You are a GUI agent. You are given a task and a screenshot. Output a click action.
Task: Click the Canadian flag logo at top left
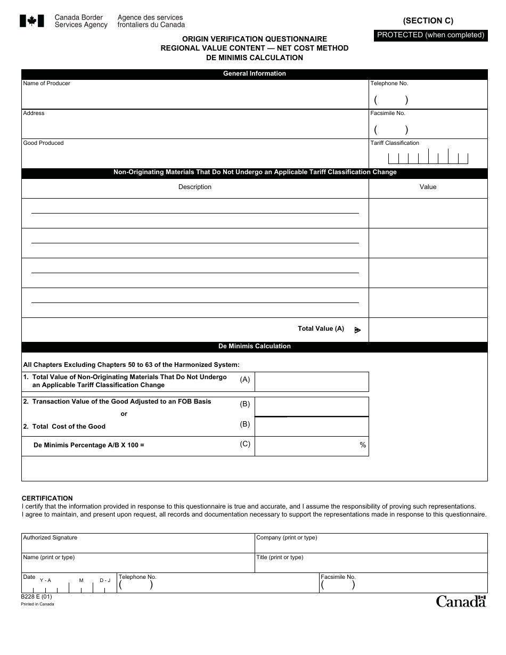(31, 21)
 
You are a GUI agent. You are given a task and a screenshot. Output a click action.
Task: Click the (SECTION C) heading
(428, 21)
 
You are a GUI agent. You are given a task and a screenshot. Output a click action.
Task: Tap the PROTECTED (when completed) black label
(430, 35)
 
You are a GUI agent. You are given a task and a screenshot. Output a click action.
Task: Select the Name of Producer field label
(46, 84)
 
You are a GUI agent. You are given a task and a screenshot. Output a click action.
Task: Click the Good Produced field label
(43, 143)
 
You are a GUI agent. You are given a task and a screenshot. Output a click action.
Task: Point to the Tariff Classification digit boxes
(428, 158)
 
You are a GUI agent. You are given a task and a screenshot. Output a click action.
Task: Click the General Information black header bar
(254, 74)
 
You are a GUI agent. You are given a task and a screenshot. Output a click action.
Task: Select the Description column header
(195, 187)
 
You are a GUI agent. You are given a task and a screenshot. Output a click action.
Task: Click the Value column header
(428, 187)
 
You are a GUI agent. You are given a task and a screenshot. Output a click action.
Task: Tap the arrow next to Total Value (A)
(357, 330)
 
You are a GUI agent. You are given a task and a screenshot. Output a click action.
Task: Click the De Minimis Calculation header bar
(254, 347)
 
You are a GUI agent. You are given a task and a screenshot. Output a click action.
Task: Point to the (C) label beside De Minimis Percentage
(245, 444)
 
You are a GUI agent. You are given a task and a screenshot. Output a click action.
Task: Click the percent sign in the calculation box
(363, 445)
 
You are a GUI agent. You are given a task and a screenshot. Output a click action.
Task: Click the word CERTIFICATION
(47, 498)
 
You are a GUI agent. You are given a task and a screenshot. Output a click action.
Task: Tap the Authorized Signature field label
(50, 538)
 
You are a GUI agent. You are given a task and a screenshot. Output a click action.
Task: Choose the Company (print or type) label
(287, 538)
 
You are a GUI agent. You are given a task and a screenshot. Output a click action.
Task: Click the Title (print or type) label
(280, 558)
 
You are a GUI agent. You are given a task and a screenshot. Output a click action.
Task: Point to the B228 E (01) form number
(37, 597)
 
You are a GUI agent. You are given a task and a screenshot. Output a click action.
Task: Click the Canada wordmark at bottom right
(461, 601)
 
